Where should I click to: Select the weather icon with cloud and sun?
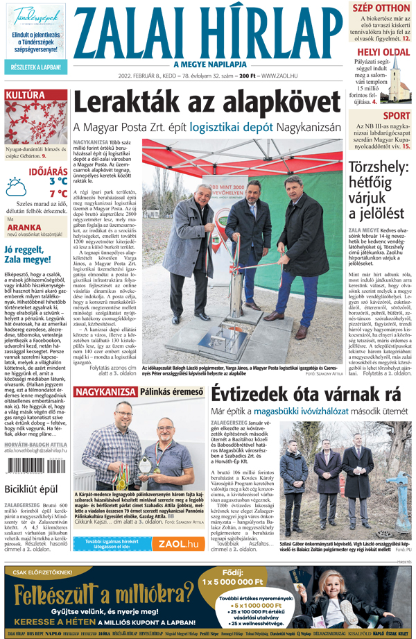(x=15, y=186)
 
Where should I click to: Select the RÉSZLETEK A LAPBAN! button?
(x=35, y=67)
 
